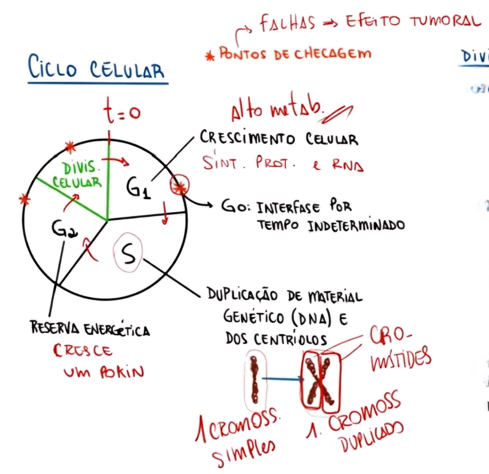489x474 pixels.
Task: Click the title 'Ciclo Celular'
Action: click(96, 68)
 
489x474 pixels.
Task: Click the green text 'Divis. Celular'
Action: click(78, 175)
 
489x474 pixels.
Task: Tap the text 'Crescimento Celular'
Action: click(279, 138)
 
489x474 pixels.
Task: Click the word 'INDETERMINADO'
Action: click(356, 225)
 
